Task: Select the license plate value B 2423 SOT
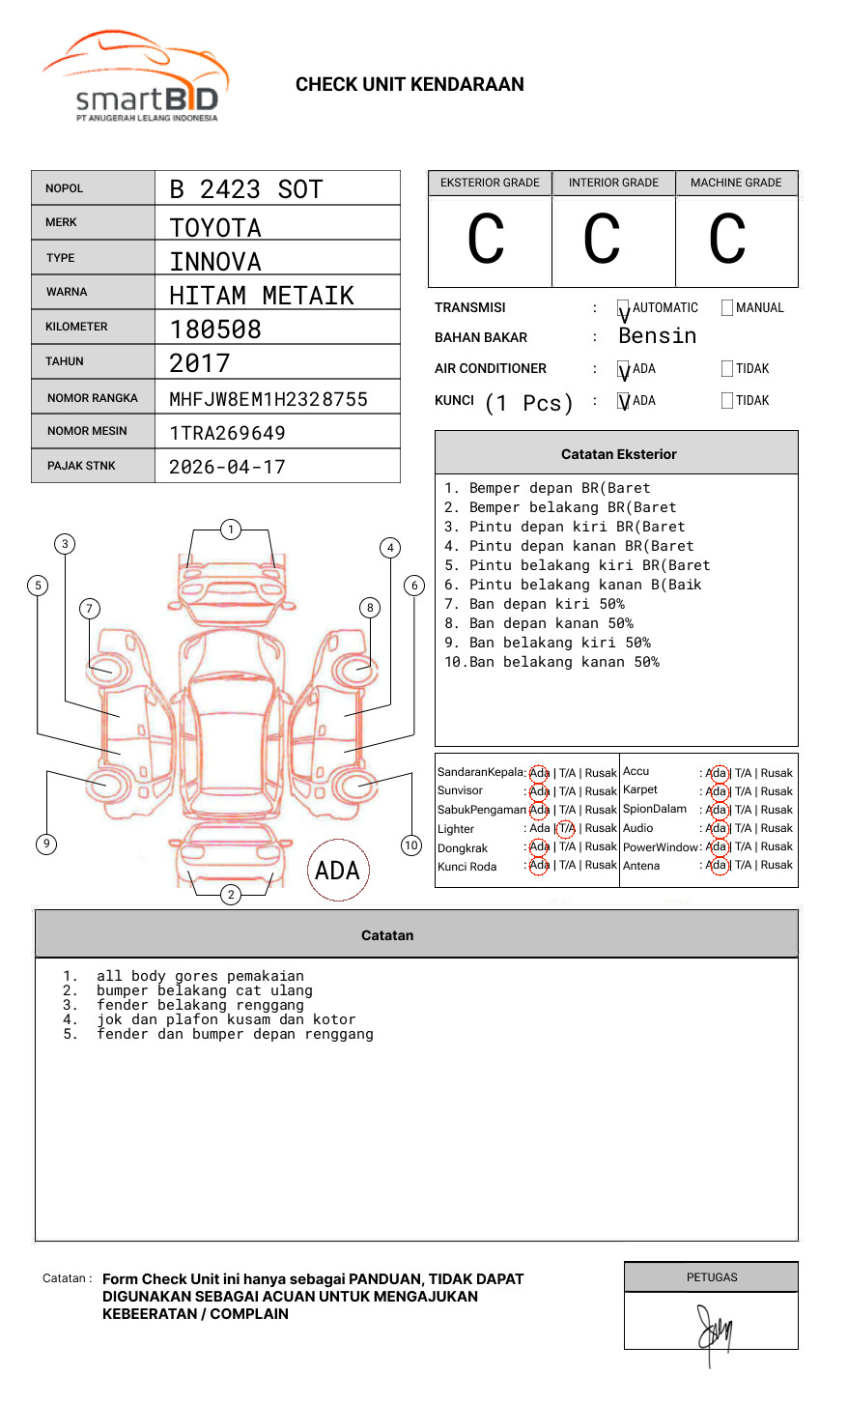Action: [x=245, y=189]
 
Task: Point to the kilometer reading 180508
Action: [x=215, y=329]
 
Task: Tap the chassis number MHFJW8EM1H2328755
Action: [x=269, y=399]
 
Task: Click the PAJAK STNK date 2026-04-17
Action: [x=227, y=467]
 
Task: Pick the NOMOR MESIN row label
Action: [x=87, y=431]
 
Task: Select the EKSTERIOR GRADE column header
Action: [x=490, y=183]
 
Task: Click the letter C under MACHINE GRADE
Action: [x=727, y=239]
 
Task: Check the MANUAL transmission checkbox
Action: [x=727, y=308]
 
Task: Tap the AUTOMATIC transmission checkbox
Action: [x=624, y=308]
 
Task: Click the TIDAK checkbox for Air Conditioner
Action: [x=727, y=369]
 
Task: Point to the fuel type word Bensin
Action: [x=657, y=336]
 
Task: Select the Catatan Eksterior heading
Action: [x=618, y=454]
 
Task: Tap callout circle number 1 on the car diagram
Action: [x=230, y=530]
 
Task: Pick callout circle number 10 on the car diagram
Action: [x=411, y=845]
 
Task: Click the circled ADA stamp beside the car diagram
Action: [x=337, y=871]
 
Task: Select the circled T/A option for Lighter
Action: [x=566, y=828]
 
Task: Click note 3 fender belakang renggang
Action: [x=200, y=1005]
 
